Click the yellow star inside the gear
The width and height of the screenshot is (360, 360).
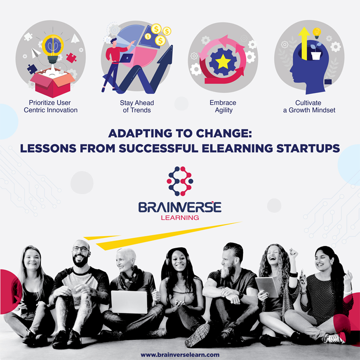pos(223,62)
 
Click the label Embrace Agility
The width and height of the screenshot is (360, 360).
pos(223,106)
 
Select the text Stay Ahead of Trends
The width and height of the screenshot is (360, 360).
pos(137,106)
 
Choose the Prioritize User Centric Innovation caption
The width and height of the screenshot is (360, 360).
pos(51,106)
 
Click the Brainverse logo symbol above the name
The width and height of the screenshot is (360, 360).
pos(180,181)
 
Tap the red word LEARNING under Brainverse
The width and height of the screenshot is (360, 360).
pos(180,217)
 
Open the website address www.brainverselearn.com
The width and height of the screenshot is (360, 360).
pos(180,354)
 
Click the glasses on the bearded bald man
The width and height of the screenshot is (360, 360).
pos(80,249)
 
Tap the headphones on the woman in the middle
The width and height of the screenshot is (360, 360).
pos(168,260)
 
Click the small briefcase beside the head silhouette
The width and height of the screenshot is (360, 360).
pos(328,81)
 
